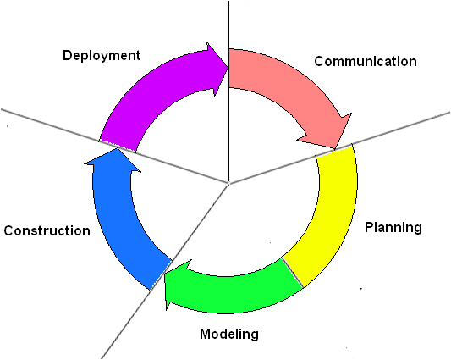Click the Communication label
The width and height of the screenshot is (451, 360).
pyautogui.click(x=366, y=61)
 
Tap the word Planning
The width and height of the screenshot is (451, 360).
pyautogui.click(x=393, y=228)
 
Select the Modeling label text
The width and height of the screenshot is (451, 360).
pyautogui.click(x=229, y=335)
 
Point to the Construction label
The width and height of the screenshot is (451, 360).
pyautogui.click(x=47, y=230)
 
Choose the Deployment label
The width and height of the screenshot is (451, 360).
pyautogui.click(x=102, y=56)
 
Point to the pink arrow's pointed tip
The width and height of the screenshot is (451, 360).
pyautogui.click(x=335, y=149)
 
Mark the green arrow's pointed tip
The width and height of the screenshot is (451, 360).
pyautogui.click(x=164, y=274)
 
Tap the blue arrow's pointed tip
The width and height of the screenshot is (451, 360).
pyautogui.click(x=117, y=148)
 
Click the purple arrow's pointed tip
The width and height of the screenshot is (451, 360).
pyautogui.click(x=228, y=68)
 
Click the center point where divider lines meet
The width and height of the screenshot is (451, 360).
pyautogui.click(x=229, y=184)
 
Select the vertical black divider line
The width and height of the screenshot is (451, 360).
pyautogui.click(x=229, y=91)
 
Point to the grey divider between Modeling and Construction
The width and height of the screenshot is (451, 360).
pyautogui.click(x=165, y=271)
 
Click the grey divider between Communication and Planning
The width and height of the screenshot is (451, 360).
pyautogui.click(x=339, y=147)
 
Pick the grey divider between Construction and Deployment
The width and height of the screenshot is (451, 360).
pyautogui.click(x=115, y=146)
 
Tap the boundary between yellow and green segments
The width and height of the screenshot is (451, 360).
pyautogui.click(x=293, y=273)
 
